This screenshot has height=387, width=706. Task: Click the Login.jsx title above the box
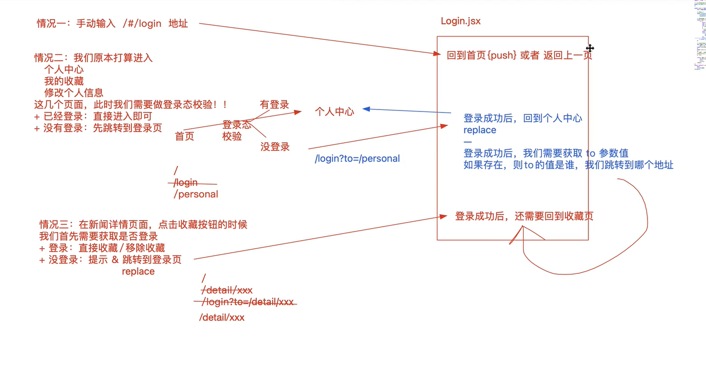click(x=460, y=21)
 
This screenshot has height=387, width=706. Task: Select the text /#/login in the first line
click(x=142, y=24)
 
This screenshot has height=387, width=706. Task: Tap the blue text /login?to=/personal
click(x=357, y=158)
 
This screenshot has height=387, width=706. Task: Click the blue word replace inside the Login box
click(x=479, y=130)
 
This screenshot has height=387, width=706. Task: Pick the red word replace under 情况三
click(x=138, y=271)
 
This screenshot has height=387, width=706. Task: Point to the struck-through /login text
click(x=186, y=183)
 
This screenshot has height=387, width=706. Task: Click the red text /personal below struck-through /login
click(x=196, y=194)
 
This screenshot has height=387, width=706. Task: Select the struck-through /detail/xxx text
click(x=227, y=290)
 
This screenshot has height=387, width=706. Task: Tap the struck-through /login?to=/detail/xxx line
click(x=247, y=302)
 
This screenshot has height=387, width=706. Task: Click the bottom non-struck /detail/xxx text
click(x=222, y=317)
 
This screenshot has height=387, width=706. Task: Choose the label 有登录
click(x=274, y=104)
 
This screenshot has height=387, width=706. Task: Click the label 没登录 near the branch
click(x=275, y=147)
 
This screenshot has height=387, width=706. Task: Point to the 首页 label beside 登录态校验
click(x=184, y=136)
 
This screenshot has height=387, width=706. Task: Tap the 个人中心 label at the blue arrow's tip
click(x=334, y=112)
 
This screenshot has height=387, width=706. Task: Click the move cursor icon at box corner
click(x=589, y=48)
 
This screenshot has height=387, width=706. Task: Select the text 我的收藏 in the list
click(x=64, y=81)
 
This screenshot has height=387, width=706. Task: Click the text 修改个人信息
click(x=73, y=93)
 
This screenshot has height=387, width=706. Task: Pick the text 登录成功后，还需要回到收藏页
click(x=524, y=216)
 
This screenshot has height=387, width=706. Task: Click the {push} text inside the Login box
click(x=502, y=56)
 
